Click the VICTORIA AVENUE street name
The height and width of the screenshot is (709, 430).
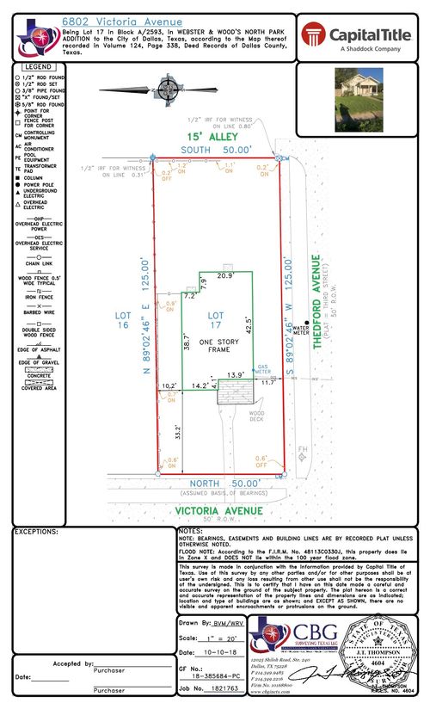pos(218,510)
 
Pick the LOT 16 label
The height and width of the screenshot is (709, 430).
pos(124,320)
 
